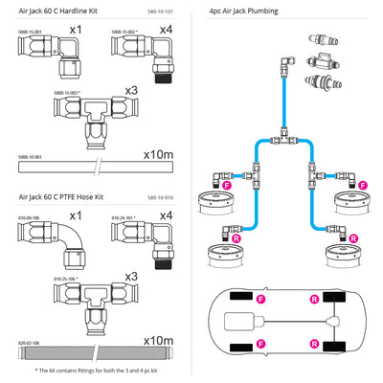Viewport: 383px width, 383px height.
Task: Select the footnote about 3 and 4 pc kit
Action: click(97, 370)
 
